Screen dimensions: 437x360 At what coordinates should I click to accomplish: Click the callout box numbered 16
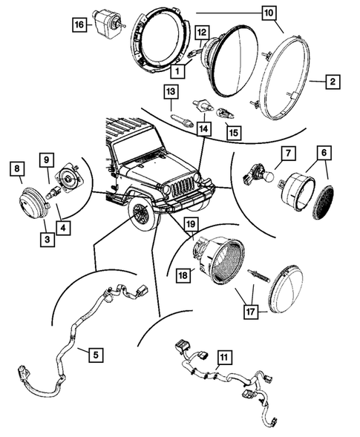pos(78,24)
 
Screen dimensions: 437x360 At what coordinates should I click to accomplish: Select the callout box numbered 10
pos(268,13)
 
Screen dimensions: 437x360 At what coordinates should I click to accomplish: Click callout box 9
pos(46,160)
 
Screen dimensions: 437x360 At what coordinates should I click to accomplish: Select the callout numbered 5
pos(94,355)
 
